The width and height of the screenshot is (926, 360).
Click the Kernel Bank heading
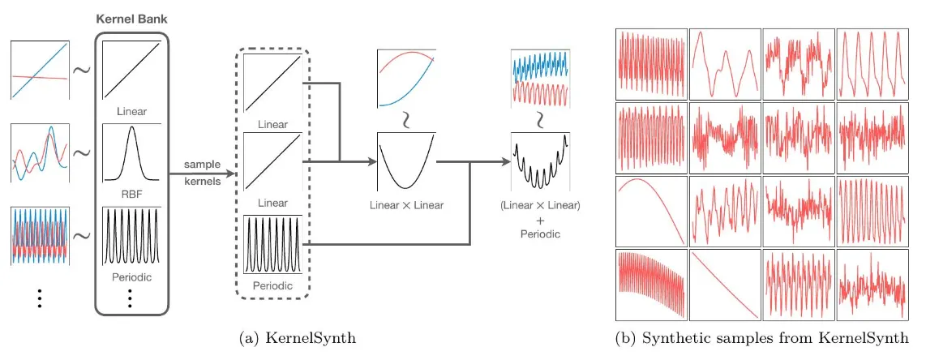(131, 17)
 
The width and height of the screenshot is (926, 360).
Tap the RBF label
(131, 195)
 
